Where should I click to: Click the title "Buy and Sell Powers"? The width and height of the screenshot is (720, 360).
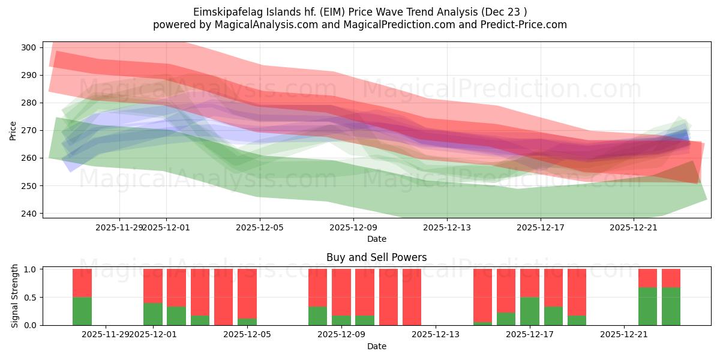[376, 257]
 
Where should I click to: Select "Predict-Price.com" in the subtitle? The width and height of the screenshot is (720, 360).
[525, 25]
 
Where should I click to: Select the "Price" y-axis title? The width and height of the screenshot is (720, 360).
[13, 130]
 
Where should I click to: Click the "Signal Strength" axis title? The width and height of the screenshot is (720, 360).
[16, 297]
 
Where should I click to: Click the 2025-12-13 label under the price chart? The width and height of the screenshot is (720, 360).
[446, 227]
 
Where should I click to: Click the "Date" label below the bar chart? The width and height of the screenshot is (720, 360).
[376, 346]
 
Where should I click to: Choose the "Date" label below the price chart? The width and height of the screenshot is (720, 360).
[376, 239]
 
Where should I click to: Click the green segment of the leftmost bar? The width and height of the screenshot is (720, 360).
[82, 311]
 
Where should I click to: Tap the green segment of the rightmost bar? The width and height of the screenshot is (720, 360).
[671, 306]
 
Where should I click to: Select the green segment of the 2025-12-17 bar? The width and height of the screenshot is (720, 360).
[529, 311]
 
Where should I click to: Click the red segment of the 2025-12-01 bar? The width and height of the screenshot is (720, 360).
[153, 286]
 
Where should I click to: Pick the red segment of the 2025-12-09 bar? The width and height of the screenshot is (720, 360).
[341, 292]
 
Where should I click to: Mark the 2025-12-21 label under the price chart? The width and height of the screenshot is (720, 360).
[634, 227]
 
